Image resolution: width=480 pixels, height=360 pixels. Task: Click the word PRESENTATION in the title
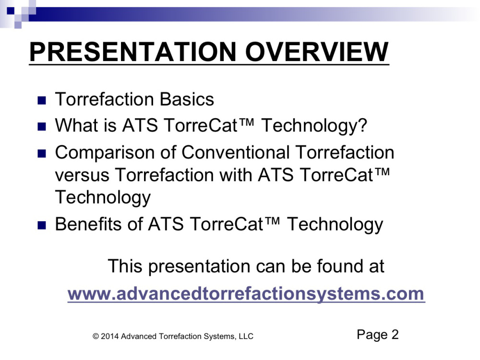[132, 51]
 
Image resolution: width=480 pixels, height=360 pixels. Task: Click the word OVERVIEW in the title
[317, 51]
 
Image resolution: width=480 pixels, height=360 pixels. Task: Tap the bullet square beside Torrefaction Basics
[42, 100]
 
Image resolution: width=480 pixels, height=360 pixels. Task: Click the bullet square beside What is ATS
[42, 126]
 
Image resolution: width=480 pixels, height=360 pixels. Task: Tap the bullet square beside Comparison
[42, 154]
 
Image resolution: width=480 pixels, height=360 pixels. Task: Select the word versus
[82, 175]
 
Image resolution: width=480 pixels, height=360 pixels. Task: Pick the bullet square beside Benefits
[42, 226]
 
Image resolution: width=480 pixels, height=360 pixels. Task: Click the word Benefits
[88, 224]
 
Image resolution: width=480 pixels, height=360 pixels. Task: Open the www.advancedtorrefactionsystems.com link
[246, 294]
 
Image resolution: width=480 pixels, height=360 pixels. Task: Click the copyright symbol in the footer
[96, 336]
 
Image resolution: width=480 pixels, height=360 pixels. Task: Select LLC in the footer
[246, 336]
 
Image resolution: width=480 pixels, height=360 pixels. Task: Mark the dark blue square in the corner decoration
[11, 11]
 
